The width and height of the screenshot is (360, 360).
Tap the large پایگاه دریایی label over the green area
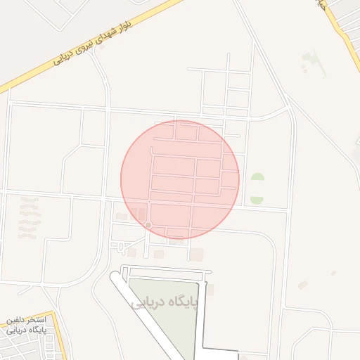tap(166, 302)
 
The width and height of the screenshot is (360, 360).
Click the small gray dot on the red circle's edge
tap(148, 224)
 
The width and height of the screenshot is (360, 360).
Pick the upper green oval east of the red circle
tap(257, 179)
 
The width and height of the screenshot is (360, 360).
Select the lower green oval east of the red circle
tap(257, 199)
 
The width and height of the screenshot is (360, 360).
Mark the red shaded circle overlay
tap(180, 179)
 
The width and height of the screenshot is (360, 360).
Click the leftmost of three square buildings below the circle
tap(131, 252)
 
